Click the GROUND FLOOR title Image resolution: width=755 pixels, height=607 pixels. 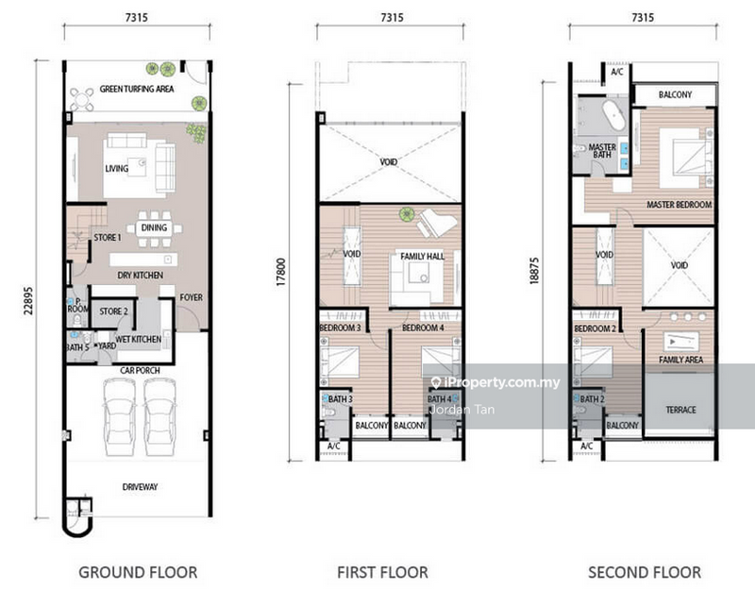tap(138, 572)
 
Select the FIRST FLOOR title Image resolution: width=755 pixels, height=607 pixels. tap(382, 572)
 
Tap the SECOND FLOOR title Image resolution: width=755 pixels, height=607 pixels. tap(645, 572)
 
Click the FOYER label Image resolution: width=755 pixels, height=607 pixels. tap(192, 297)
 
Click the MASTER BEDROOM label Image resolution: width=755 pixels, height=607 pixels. tap(679, 205)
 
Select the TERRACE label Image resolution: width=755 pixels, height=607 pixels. tap(679, 410)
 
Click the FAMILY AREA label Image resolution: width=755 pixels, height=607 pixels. tap(679, 360)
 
